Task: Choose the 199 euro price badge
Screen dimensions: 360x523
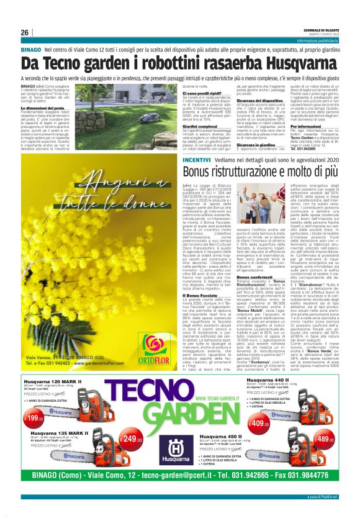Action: point(33,402)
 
